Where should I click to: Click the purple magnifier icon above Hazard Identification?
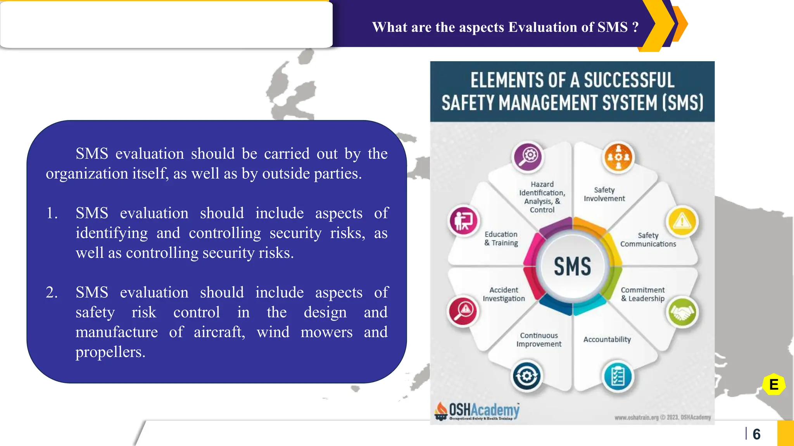click(528, 157)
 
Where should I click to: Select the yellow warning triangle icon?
click(682, 221)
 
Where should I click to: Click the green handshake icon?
click(682, 312)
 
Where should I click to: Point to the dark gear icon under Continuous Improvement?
click(526, 376)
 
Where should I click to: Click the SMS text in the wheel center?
click(572, 266)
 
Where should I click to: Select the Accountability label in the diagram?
click(607, 340)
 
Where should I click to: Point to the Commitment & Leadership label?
click(642, 294)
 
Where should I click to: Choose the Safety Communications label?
click(648, 240)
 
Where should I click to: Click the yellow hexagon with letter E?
click(773, 384)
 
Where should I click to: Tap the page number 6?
click(756, 434)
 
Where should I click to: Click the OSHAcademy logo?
click(478, 411)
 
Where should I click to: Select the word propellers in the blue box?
click(110, 352)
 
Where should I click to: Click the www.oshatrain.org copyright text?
click(662, 417)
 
